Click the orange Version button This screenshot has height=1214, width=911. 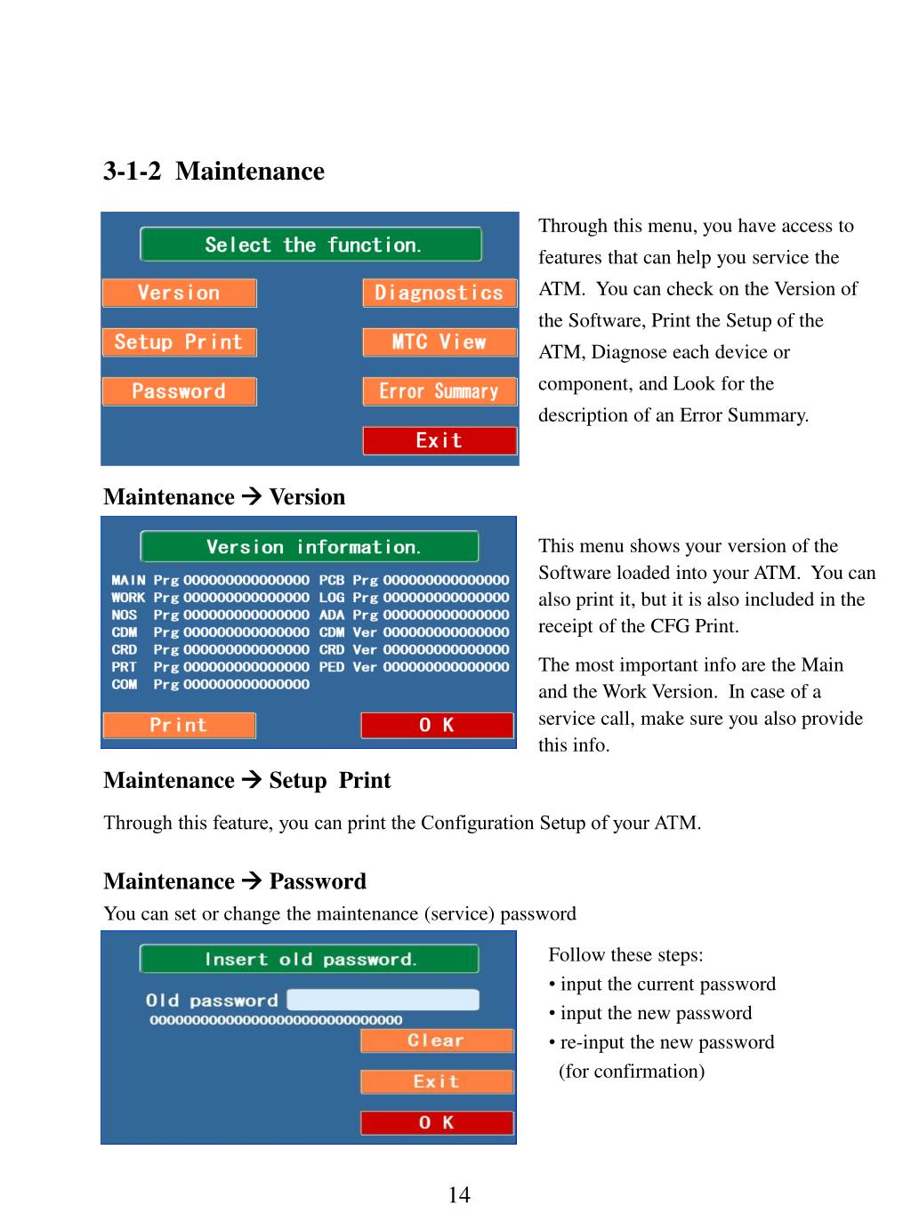click(179, 293)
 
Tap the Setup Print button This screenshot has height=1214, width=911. click(179, 342)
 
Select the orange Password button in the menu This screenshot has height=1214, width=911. click(179, 391)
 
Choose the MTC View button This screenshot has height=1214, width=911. click(439, 342)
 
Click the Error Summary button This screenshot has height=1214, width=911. click(439, 391)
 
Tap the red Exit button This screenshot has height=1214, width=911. click(439, 441)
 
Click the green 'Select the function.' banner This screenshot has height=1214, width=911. click(311, 245)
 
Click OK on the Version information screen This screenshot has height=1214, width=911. click(437, 726)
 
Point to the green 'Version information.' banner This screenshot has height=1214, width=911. click(310, 547)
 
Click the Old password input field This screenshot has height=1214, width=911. click(383, 1001)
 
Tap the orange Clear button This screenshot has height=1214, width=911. click(437, 1041)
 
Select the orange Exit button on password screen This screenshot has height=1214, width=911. click(437, 1081)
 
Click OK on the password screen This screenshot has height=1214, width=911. click(437, 1123)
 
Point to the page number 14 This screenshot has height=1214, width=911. click(459, 1194)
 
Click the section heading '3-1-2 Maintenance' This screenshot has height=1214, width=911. click(214, 171)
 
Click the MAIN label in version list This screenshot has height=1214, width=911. click(128, 580)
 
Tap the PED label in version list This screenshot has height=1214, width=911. click(331, 667)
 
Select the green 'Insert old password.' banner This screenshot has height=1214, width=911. click(310, 960)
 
